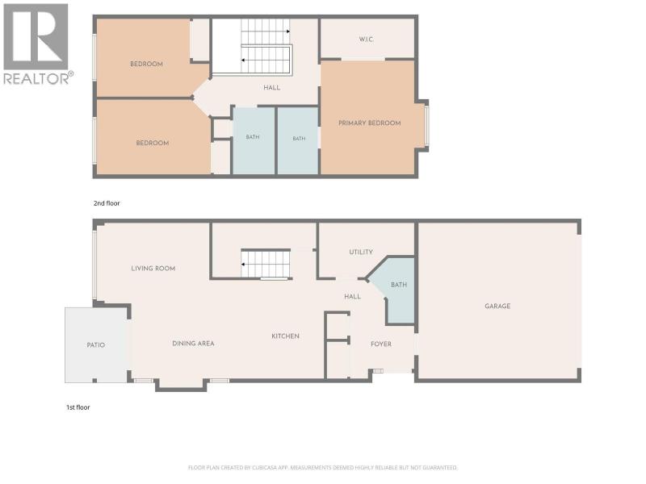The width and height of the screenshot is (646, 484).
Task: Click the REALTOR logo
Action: coord(38,44)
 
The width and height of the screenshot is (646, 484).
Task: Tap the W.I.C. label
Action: coord(366,40)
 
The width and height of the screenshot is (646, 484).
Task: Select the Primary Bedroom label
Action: coord(370,123)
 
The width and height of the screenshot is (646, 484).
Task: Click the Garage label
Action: coord(497,307)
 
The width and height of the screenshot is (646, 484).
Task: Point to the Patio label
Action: coord(96,345)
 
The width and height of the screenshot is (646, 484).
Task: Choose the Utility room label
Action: coord(361,252)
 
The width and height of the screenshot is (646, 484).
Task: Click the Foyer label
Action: coord(381,344)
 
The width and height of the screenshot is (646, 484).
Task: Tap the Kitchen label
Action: coord(286,336)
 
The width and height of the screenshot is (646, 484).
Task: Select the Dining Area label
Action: coord(193,344)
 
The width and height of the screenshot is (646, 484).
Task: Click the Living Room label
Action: coord(153,269)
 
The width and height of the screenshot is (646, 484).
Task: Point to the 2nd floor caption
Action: coord(107,203)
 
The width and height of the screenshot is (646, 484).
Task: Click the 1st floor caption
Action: coord(78,407)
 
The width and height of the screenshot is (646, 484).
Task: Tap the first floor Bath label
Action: coord(399,285)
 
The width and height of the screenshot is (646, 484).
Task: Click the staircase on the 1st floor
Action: coord(266,265)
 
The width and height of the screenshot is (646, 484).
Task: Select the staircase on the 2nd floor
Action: coord(266,47)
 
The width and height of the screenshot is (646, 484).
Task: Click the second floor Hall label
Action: coord(272,88)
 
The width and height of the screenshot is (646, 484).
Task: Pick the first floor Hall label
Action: coord(352,296)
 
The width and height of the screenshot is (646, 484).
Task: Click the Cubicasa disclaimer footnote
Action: coord(322,468)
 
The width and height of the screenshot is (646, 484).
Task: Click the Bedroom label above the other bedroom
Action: coord(146,64)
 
